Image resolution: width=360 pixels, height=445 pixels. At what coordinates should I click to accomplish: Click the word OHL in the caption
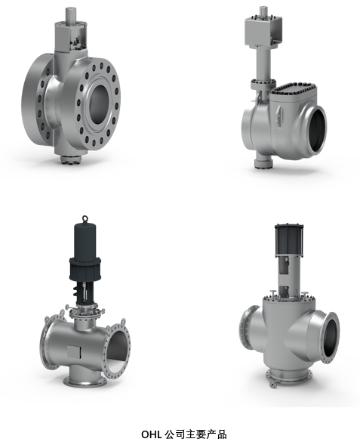(151, 434)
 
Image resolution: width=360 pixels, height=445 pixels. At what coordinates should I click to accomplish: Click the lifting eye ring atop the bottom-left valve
(85, 219)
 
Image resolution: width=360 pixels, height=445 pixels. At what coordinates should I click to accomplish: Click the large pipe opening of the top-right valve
(317, 130)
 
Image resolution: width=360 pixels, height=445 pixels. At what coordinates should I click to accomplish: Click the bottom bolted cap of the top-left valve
(71, 159)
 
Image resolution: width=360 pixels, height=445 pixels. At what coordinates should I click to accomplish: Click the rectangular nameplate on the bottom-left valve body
(74, 351)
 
